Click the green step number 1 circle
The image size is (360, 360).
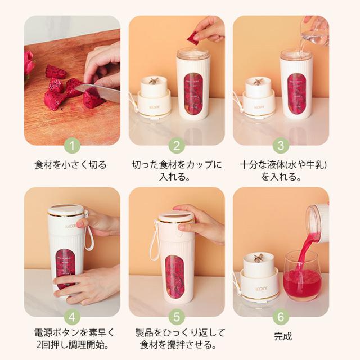[x=72, y=146]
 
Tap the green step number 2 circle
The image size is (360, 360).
[x=177, y=146]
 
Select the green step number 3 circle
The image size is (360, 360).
[x=281, y=146]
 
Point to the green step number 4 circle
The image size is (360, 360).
[x=72, y=317]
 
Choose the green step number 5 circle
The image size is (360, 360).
[x=177, y=317]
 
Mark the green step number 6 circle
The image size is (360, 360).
[x=281, y=317]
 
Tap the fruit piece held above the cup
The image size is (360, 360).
[x=192, y=38]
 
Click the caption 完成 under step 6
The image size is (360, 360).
[x=283, y=336]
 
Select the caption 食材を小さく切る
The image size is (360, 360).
[x=71, y=165]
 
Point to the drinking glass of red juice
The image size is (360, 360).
[x=302, y=276]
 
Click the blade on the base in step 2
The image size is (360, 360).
[x=151, y=81]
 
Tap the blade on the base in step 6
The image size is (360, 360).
[x=259, y=258]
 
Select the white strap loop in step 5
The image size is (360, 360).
[x=155, y=241]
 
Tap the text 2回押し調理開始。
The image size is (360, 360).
[x=73, y=345]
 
